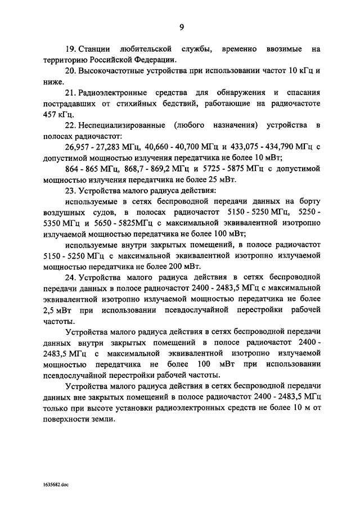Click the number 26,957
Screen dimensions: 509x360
[79, 147]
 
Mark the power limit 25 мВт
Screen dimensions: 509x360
[223, 179]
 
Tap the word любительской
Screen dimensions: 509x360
[147, 49]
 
